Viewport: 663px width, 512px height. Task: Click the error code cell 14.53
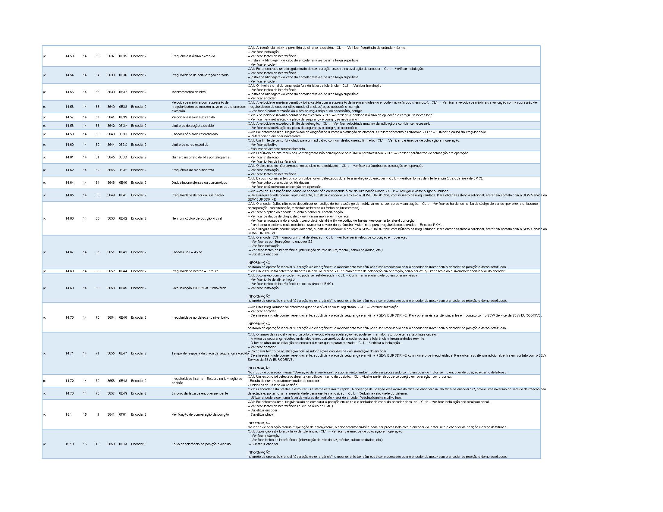(69, 56)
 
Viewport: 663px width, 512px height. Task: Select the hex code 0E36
(123, 75)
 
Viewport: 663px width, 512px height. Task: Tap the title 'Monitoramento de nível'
(189, 92)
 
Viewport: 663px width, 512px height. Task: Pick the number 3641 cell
(111, 117)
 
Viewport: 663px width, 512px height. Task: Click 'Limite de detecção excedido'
(193, 126)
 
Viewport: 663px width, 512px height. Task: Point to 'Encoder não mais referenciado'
(194, 134)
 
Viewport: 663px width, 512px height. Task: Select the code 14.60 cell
(69, 145)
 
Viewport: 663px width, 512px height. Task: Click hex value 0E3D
(123, 157)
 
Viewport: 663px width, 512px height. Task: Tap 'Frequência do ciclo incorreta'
(193, 170)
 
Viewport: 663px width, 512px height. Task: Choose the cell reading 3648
(111, 183)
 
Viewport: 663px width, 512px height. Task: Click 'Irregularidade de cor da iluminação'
(197, 195)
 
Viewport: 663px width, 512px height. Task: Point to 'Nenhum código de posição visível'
(196, 218)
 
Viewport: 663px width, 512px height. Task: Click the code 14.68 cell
(69, 271)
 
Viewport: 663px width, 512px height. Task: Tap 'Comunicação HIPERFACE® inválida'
(199, 288)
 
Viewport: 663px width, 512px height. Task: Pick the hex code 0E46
(123, 317)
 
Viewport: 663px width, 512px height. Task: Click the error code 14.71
(69, 353)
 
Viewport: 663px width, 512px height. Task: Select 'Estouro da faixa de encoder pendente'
(200, 393)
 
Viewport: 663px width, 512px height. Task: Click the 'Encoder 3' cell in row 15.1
(138, 414)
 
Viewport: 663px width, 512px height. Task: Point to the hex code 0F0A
(123, 444)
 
